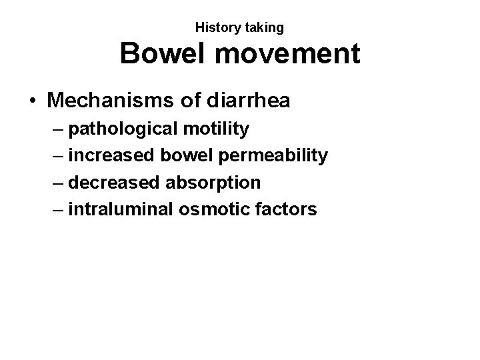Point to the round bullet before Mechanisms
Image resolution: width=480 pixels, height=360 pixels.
tap(32, 101)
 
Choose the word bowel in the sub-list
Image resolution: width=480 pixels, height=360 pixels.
tap(185, 155)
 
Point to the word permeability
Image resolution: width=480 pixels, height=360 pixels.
tap(270, 156)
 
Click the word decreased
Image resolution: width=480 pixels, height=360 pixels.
tap(115, 182)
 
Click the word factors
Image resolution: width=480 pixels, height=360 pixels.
tap(284, 209)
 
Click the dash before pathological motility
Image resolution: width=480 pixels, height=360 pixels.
tap(57, 129)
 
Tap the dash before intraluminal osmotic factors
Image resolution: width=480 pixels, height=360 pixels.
tap(57, 210)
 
